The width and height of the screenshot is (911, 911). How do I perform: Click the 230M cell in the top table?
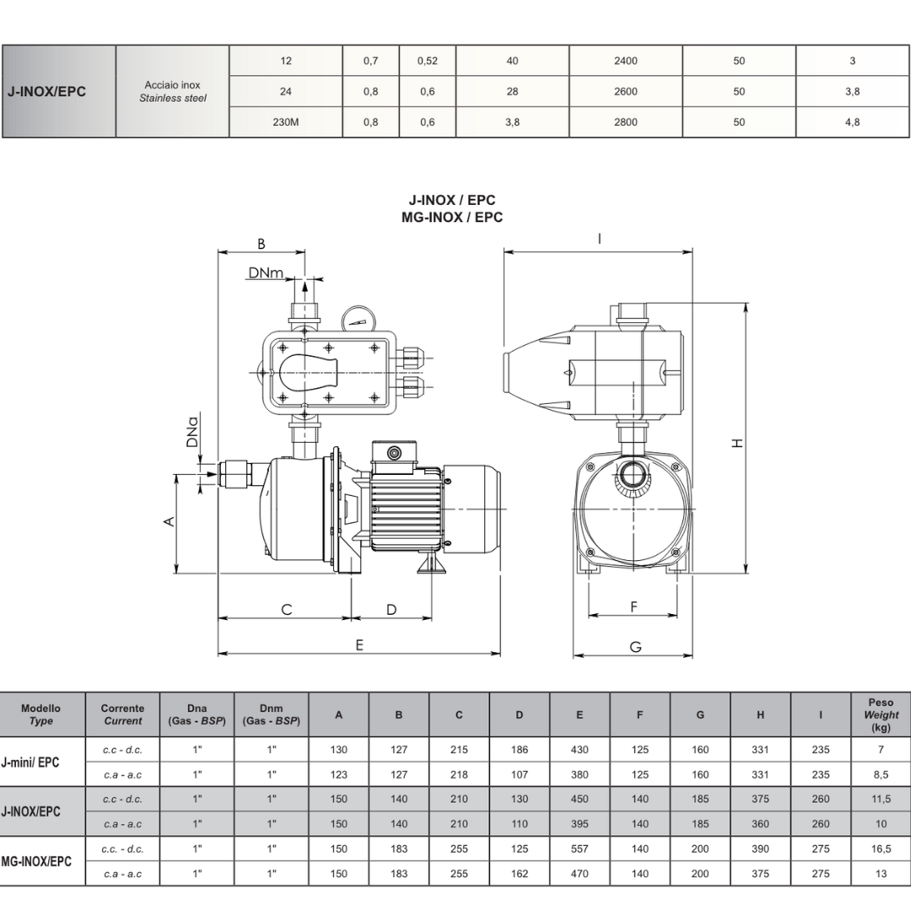[x=286, y=122]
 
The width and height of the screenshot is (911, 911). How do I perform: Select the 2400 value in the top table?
[x=626, y=61]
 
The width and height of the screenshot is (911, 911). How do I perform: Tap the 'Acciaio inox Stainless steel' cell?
[x=172, y=92]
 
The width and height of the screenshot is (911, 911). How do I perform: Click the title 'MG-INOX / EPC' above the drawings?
[x=452, y=217]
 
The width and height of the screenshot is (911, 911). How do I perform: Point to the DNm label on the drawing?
[x=266, y=272]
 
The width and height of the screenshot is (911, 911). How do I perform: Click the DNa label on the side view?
[x=193, y=430]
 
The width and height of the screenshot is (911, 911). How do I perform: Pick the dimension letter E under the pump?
[x=359, y=644]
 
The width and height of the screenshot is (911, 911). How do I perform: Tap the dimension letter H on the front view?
[x=738, y=442]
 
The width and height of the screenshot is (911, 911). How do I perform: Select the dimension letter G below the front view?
[x=635, y=647]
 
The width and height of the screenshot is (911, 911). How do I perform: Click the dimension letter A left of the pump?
[x=169, y=521]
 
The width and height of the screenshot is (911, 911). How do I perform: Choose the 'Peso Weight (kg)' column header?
[x=880, y=714]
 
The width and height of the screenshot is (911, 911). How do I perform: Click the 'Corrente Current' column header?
[x=122, y=714]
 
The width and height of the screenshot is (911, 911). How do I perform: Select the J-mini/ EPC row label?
[x=31, y=762]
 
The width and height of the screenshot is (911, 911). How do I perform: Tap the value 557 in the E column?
[x=579, y=849]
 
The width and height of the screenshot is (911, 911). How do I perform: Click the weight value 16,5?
[x=880, y=849]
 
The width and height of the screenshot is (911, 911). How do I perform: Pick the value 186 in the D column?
[x=519, y=750]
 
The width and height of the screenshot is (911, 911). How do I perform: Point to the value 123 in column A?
[x=338, y=774]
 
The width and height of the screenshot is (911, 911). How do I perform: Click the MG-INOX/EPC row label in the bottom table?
[x=36, y=861]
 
